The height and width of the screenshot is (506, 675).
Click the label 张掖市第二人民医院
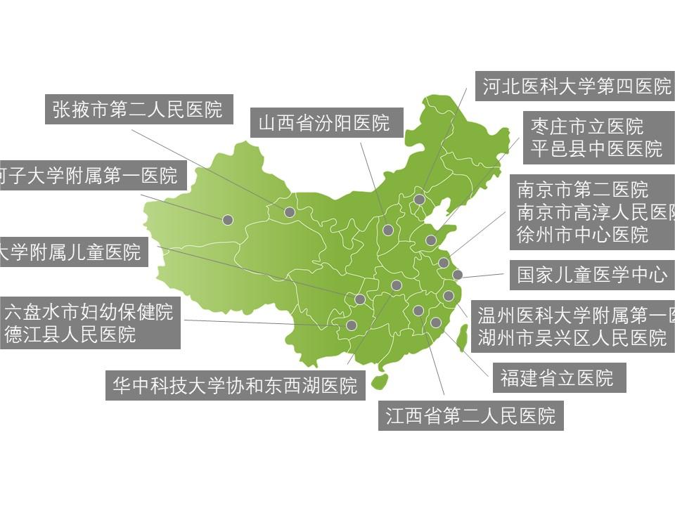(138, 109)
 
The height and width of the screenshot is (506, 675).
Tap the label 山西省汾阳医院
(324, 123)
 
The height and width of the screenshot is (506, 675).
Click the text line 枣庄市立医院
(587, 126)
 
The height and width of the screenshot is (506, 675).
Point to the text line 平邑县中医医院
(596, 148)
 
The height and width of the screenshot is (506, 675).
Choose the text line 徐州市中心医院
(582, 234)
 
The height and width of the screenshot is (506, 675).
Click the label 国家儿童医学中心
(592, 274)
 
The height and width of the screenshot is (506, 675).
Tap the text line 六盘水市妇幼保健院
(89, 311)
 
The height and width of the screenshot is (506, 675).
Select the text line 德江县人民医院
(70, 334)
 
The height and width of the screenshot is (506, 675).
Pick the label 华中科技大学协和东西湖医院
(235, 385)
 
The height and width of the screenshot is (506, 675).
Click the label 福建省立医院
(556, 377)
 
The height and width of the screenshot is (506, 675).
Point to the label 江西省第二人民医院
(470, 415)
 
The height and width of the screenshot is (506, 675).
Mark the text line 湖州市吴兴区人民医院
(572, 337)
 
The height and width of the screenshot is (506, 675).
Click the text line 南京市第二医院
(583, 190)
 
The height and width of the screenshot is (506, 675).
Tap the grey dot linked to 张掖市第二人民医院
(290, 212)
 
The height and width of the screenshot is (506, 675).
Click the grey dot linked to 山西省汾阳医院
(388, 230)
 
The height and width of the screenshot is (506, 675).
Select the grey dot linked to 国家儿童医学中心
(458, 275)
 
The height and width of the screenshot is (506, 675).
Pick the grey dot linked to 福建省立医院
(436, 323)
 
